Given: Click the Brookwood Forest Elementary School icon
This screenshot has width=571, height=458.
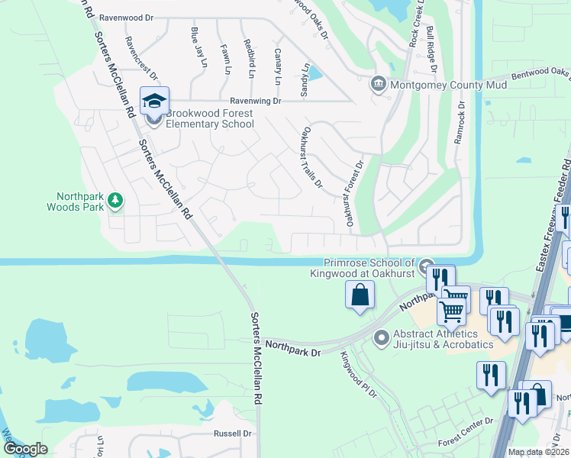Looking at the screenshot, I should pyautogui.click(x=154, y=102).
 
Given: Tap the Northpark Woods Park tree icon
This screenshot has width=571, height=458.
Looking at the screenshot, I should pyautogui.click(x=115, y=200).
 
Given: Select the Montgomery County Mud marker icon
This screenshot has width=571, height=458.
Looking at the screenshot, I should pyautogui.click(x=377, y=84).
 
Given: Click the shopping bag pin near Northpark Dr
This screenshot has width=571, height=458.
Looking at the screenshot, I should pyautogui.click(x=360, y=295).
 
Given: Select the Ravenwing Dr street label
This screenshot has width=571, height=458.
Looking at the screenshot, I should pyautogui.click(x=256, y=101).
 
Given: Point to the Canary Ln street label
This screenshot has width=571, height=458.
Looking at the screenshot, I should pyautogui.click(x=277, y=66).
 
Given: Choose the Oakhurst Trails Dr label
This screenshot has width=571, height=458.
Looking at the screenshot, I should pyautogui.click(x=313, y=157).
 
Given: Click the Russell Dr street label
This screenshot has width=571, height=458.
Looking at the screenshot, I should pyautogui.click(x=233, y=434).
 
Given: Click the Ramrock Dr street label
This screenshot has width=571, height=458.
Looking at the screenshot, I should pyautogui.click(x=460, y=124).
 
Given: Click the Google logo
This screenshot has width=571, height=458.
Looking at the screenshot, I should pyautogui.click(x=25, y=449).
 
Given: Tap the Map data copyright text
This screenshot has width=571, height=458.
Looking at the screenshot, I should pyautogui.click(x=537, y=452).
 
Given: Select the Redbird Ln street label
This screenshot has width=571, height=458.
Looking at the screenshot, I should pyautogui.click(x=249, y=58).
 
